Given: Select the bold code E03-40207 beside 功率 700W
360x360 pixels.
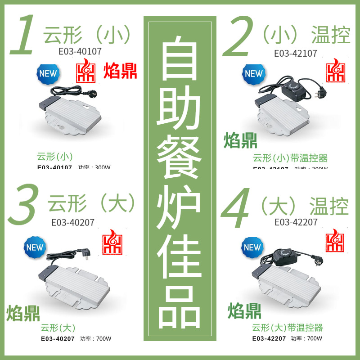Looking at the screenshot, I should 58,339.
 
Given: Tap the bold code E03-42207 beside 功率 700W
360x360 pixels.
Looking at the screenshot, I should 269,339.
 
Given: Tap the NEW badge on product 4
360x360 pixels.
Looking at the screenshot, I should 252,247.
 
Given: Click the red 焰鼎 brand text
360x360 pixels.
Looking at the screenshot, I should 120,72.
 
